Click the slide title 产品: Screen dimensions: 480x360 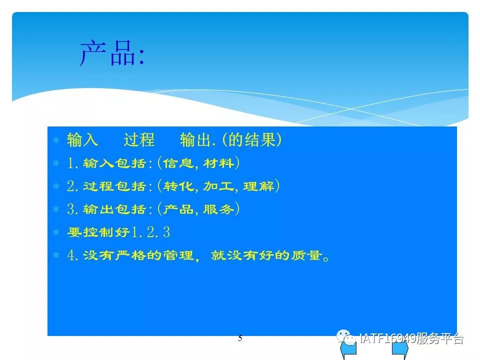(x=112, y=53)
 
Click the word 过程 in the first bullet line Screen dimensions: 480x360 (x=139, y=140)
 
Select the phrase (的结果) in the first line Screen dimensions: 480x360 (x=251, y=140)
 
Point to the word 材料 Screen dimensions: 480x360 (x=218, y=163)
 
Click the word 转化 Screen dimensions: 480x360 (x=178, y=186)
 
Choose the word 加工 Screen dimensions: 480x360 (x=218, y=186)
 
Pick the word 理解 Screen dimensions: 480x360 (x=258, y=186)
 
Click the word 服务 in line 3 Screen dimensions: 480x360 (x=218, y=209)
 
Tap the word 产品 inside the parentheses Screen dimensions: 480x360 (x=178, y=209)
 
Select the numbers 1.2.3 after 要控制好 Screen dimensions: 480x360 (x=150, y=232)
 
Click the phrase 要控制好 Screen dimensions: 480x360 (x=98, y=232)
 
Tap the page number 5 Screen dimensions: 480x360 (x=240, y=338)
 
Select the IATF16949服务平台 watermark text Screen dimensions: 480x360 (x=411, y=338)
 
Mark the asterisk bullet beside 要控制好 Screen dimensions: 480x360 (x=56, y=232)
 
